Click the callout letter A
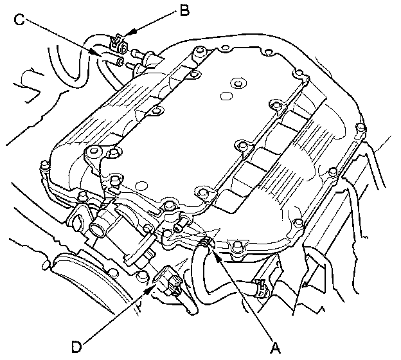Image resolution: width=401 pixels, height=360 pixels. click(x=275, y=347)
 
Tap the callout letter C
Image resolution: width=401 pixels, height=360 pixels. click(x=19, y=20)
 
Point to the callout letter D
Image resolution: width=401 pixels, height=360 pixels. click(x=76, y=347)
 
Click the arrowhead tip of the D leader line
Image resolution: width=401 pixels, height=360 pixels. click(x=154, y=289)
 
